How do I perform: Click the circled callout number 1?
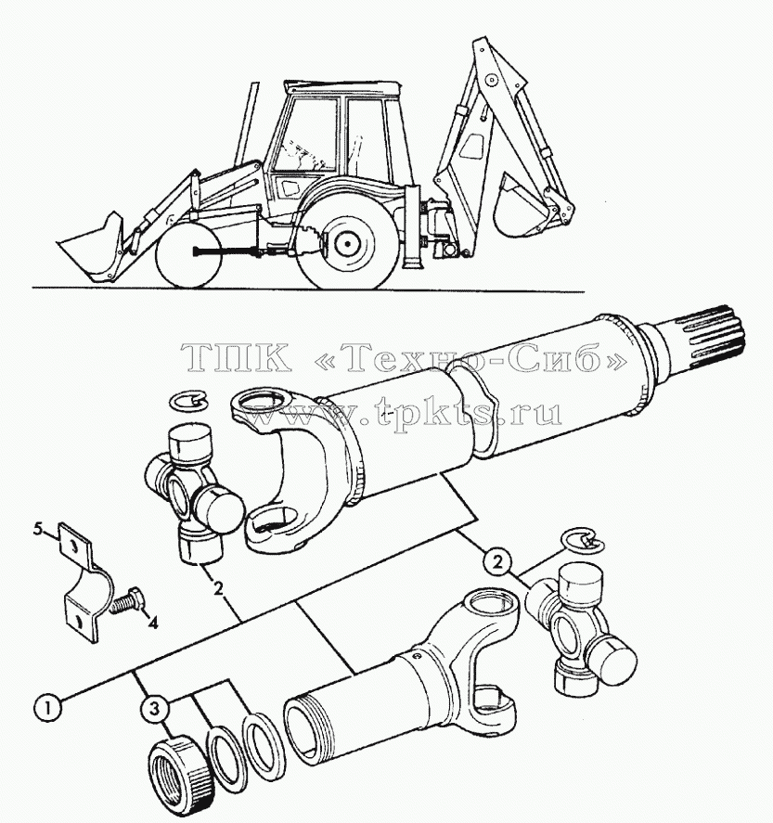click(x=47, y=709)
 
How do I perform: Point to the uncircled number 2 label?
click(x=218, y=589)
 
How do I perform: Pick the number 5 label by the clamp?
click(x=38, y=530)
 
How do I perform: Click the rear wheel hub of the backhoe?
click(x=345, y=242)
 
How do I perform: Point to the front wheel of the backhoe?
click(x=187, y=255)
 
